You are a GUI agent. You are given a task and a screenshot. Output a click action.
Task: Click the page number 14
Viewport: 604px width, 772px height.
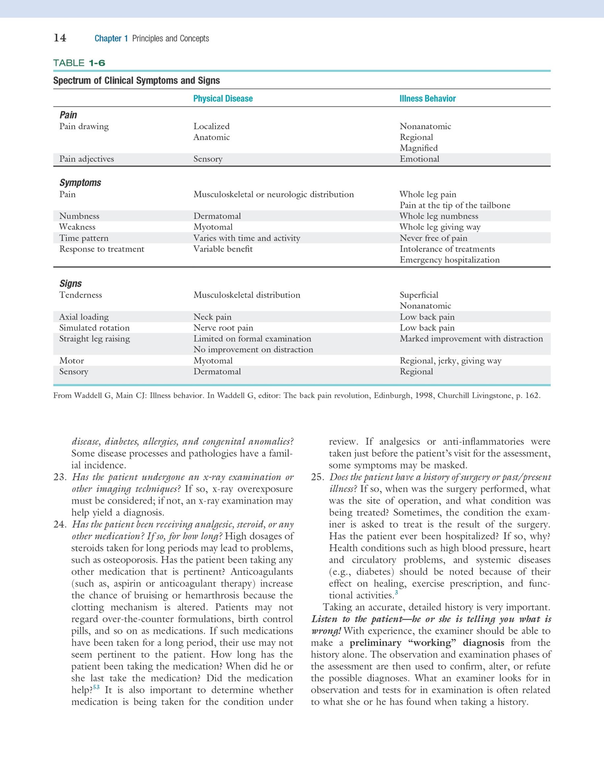pos(60,38)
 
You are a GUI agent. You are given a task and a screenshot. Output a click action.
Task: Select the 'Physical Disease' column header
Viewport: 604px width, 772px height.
pos(223,99)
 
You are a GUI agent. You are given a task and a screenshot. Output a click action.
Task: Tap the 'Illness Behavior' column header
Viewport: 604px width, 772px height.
pos(427,99)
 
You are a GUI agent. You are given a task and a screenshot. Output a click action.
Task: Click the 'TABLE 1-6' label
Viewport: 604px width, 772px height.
pos(79,63)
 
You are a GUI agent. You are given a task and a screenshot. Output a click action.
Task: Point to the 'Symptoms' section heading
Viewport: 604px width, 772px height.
pos(80,183)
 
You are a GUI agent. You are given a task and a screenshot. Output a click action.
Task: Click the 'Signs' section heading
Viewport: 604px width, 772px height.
pos(70,283)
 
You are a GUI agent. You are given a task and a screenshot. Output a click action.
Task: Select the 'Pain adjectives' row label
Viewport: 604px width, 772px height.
pos(87,159)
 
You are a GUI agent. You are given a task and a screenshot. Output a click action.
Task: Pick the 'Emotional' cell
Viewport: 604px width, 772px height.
pos(419,159)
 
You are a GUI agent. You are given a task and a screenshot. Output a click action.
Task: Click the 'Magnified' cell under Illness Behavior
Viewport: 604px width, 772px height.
pos(418,148)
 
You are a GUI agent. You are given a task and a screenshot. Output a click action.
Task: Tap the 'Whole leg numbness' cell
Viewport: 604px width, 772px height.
pos(439,216)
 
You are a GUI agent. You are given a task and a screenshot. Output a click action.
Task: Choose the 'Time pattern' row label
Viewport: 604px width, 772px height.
pos(84,238)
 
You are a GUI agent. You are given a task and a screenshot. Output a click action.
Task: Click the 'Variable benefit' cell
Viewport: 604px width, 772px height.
pos(223,249)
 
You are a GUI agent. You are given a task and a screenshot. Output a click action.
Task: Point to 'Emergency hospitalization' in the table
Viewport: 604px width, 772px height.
pos(449,260)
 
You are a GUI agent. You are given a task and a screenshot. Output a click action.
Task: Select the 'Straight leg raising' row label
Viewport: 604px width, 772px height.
pos(95,339)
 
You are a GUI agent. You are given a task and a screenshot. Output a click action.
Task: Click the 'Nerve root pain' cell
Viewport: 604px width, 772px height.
pos(223,328)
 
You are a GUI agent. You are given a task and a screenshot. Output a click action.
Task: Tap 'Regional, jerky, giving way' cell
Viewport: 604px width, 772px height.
pos(450,361)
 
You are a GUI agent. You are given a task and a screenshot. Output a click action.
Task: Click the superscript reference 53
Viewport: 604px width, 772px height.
pos(96,687)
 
